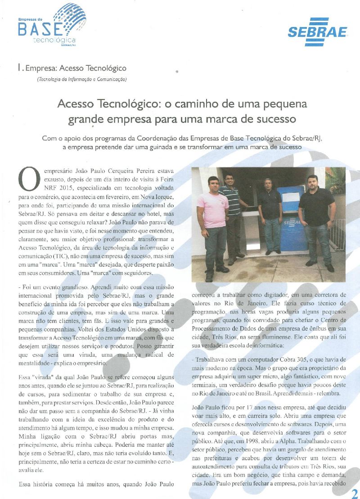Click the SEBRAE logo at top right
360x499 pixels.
point(318,32)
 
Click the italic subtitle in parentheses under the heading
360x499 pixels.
point(81,79)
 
